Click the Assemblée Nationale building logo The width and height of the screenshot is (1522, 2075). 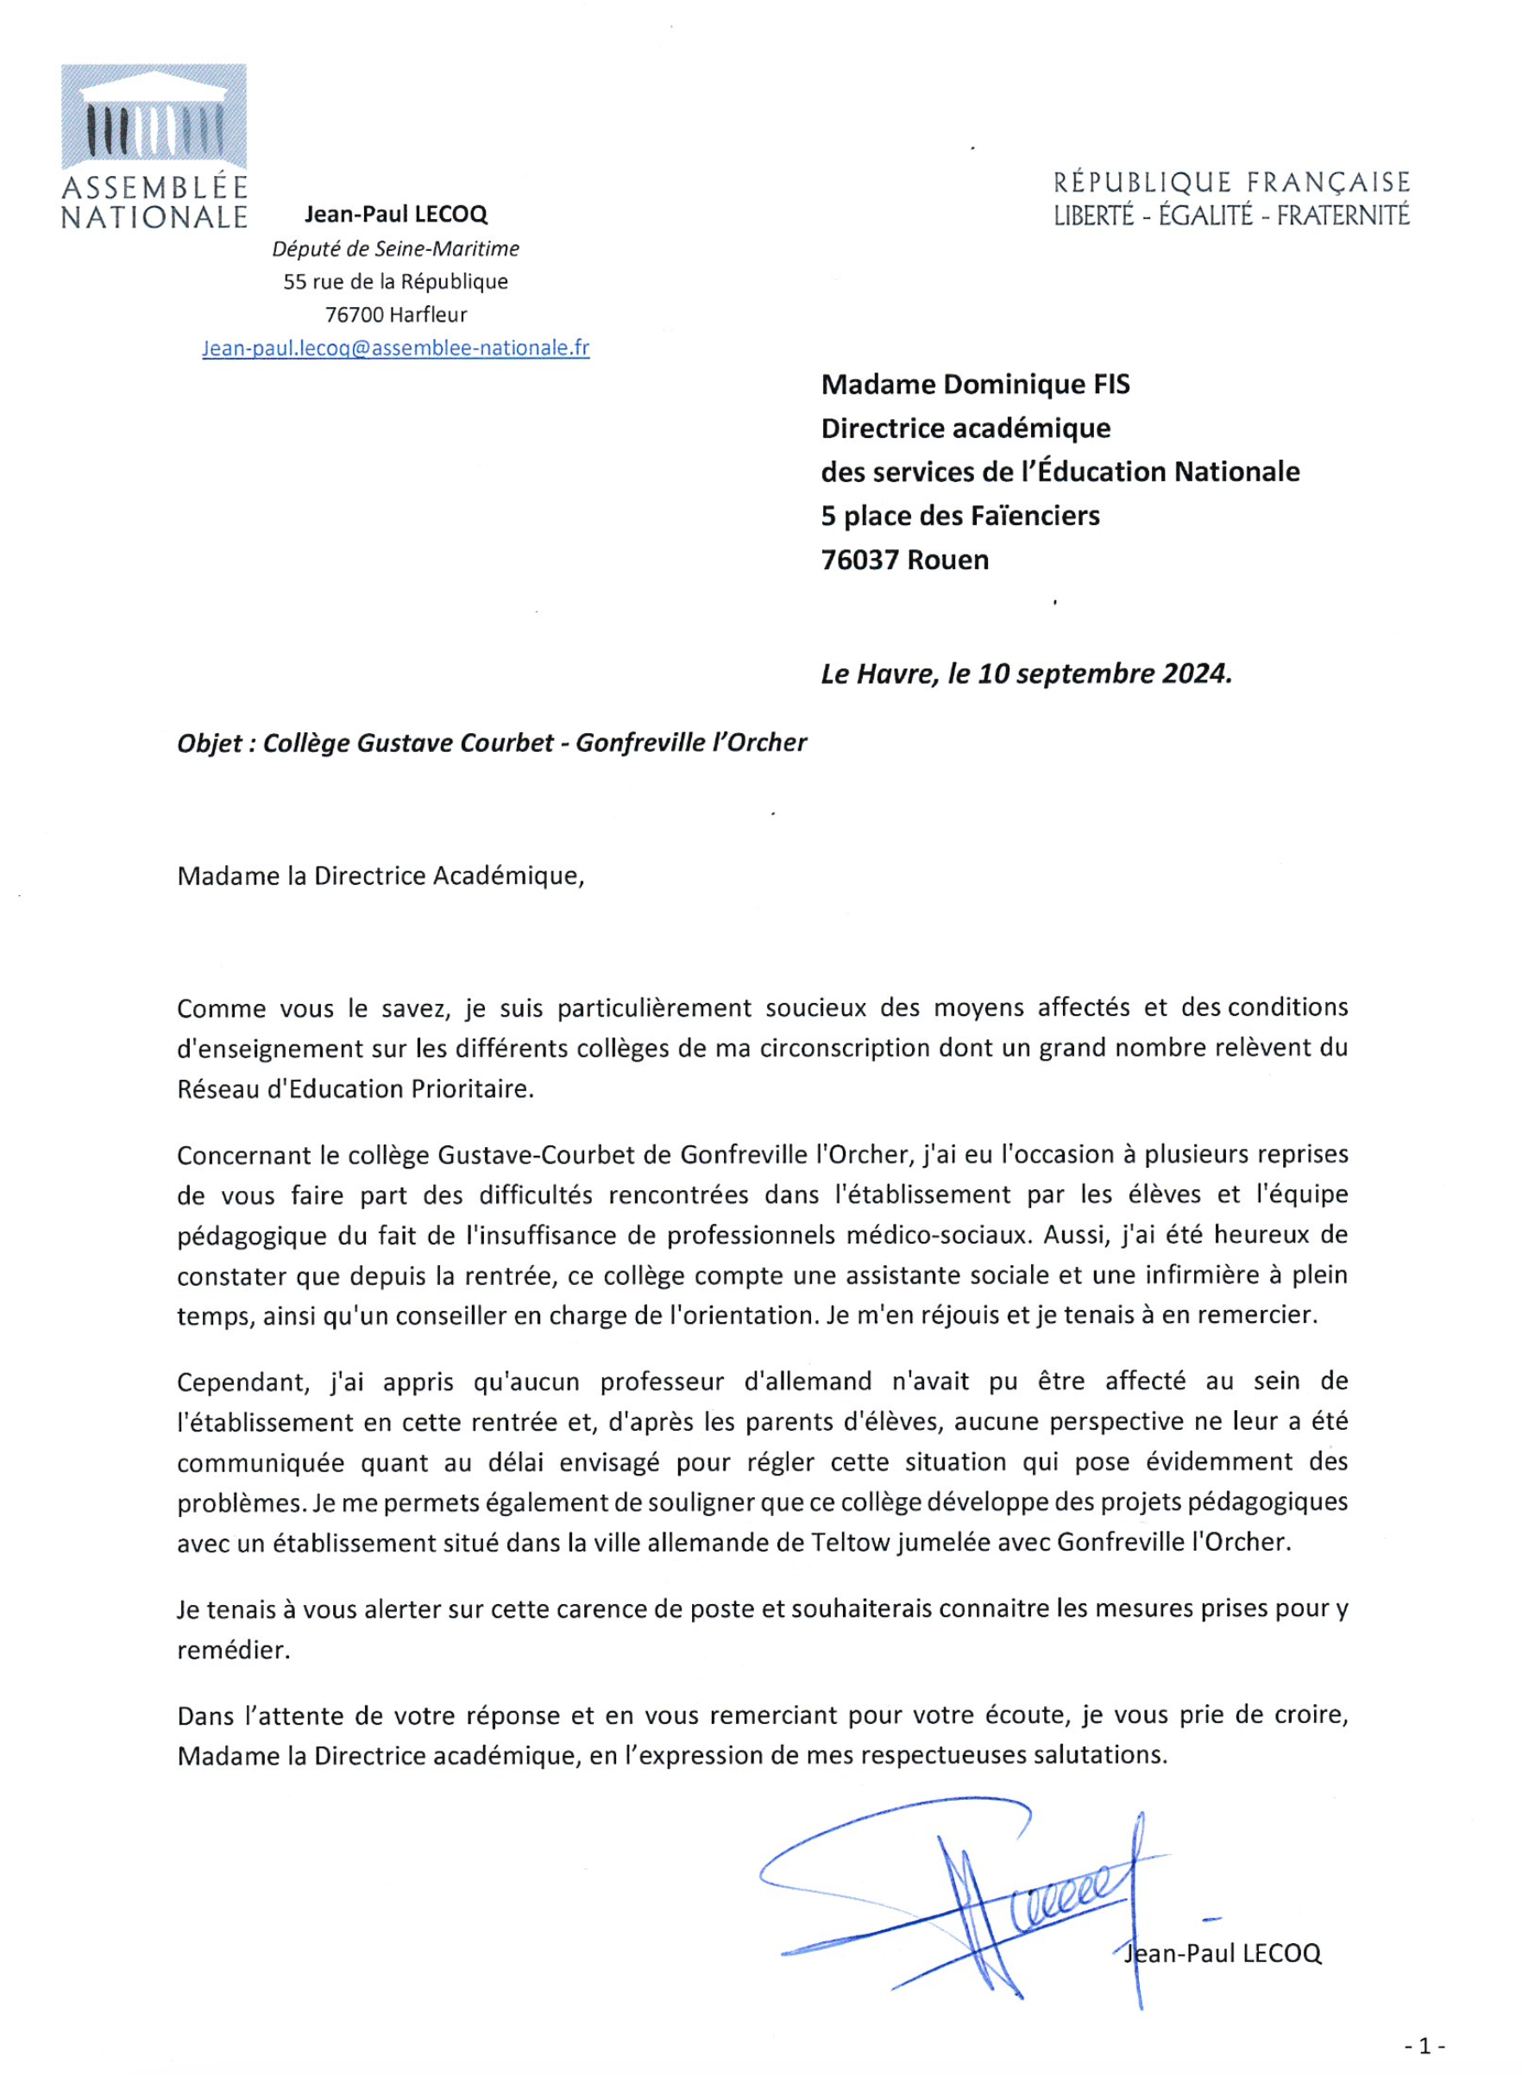[x=154, y=117]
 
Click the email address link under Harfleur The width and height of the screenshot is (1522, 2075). [x=395, y=348]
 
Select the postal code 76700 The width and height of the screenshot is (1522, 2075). [x=354, y=315]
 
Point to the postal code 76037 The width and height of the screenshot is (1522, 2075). [x=859, y=560]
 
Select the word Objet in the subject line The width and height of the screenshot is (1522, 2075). [x=210, y=743]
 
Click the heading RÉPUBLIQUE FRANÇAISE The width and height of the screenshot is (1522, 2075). [x=1232, y=182]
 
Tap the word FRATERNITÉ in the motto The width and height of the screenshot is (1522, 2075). [x=1343, y=216]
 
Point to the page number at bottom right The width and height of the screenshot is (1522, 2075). [x=1425, y=2047]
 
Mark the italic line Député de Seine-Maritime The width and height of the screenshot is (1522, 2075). [x=395, y=248]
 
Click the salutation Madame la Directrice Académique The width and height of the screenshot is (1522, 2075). [x=380, y=876]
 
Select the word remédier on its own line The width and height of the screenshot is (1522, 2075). [x=233, y=1650]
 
